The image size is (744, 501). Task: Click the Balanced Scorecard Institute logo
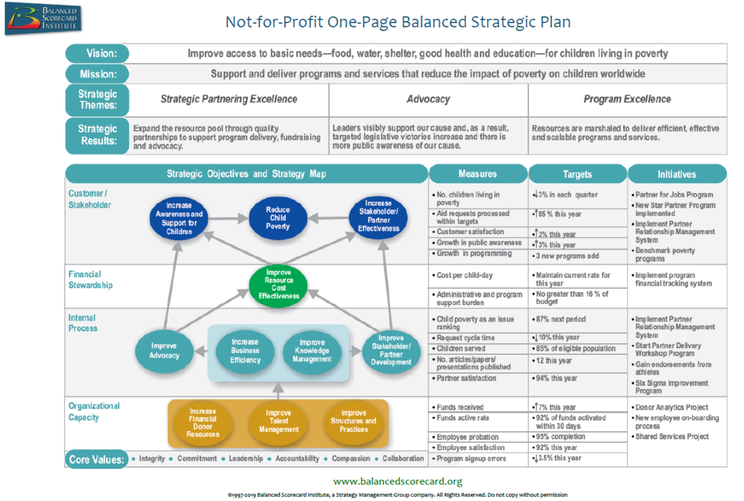(x=44, y=19)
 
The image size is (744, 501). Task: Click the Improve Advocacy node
(x=164, y=350)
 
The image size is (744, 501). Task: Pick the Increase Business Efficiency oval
(x=245, y=351)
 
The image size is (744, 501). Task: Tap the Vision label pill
(x=97, y=53)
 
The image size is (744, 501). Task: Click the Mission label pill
(x=97, y=73)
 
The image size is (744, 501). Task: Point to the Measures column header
(x=477, y=174)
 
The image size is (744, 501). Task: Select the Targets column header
(x=577, y=174)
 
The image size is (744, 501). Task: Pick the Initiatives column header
(x=676, y=174)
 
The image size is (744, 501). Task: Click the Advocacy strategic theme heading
(x=428, y=99)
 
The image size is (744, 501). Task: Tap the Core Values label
(x=97, y=460)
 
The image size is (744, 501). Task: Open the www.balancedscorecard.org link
(x=397, y=481)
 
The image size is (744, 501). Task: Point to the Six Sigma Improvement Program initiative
(x=671, y=387)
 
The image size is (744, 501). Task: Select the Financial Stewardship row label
(x=91, y=279)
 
